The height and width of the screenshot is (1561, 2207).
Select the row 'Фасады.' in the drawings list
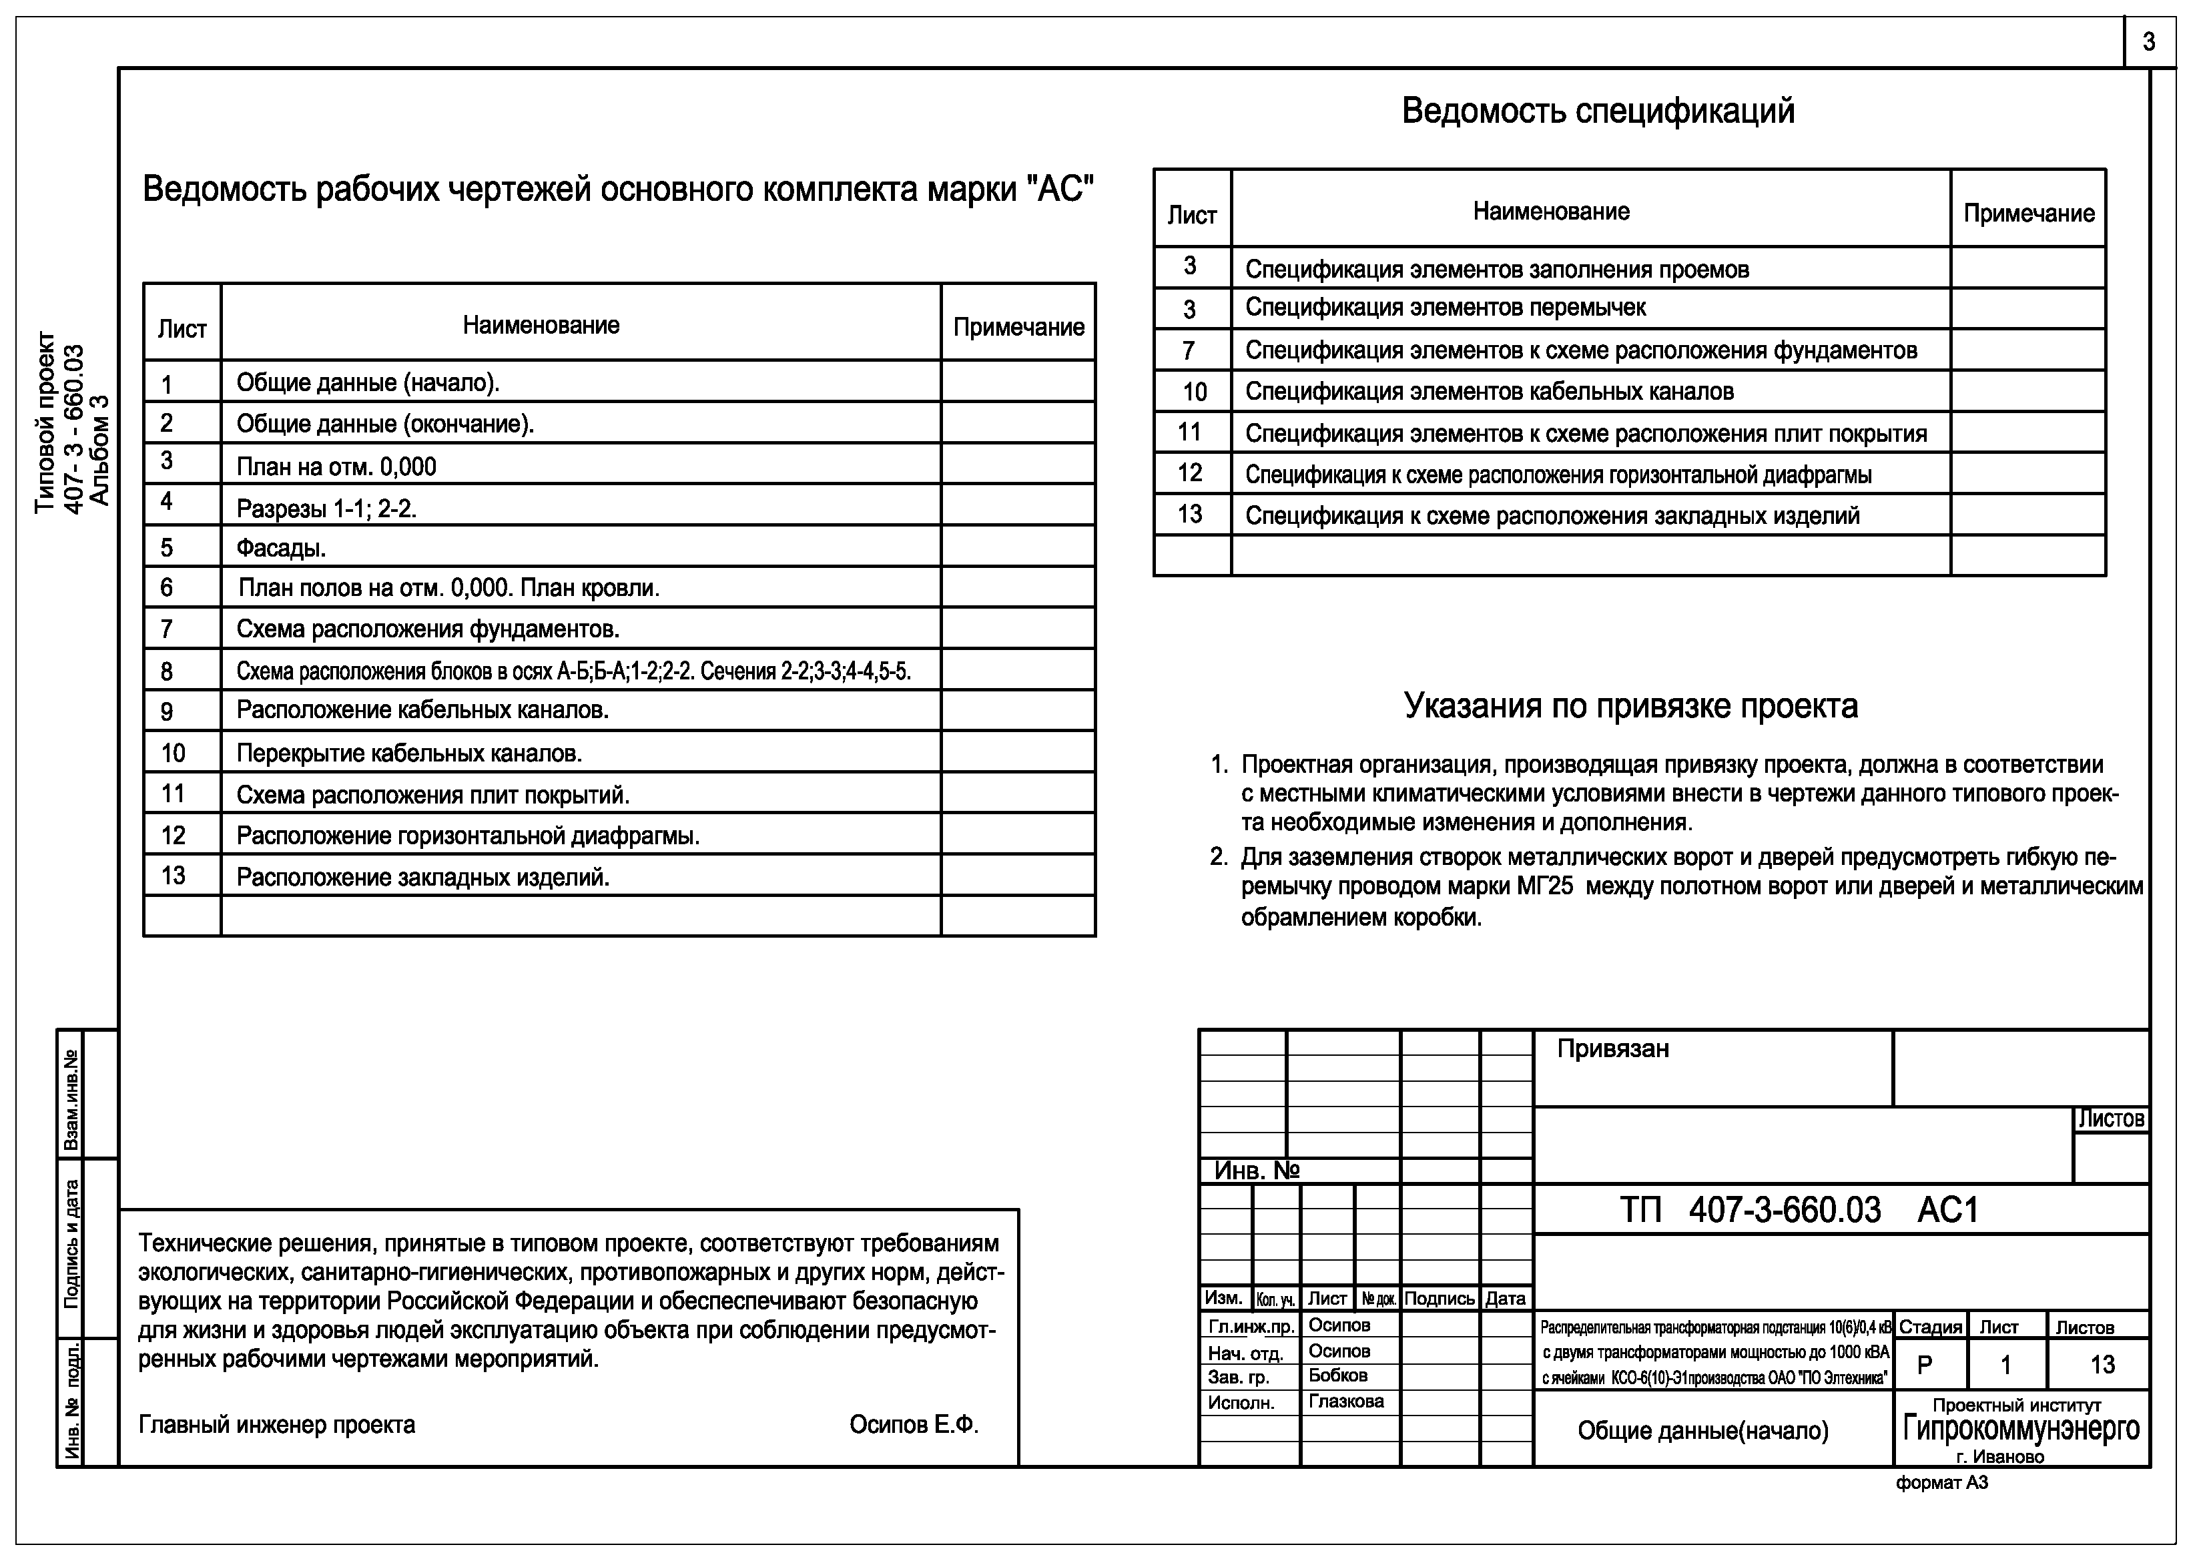click(x=281, y=548)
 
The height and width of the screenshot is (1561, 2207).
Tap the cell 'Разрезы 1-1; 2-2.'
click(x=327, y=509)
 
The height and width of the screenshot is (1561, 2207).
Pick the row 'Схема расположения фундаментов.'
click(x=428, y=629)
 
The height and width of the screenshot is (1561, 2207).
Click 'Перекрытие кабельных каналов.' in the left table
click(x=410, y=753)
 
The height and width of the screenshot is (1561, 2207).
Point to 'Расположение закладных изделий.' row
click(x=423, y=878)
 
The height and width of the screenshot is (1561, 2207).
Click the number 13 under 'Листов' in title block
click(x=2102, y=1365)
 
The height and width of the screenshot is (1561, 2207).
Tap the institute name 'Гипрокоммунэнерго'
click(x=2021, y=1430)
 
